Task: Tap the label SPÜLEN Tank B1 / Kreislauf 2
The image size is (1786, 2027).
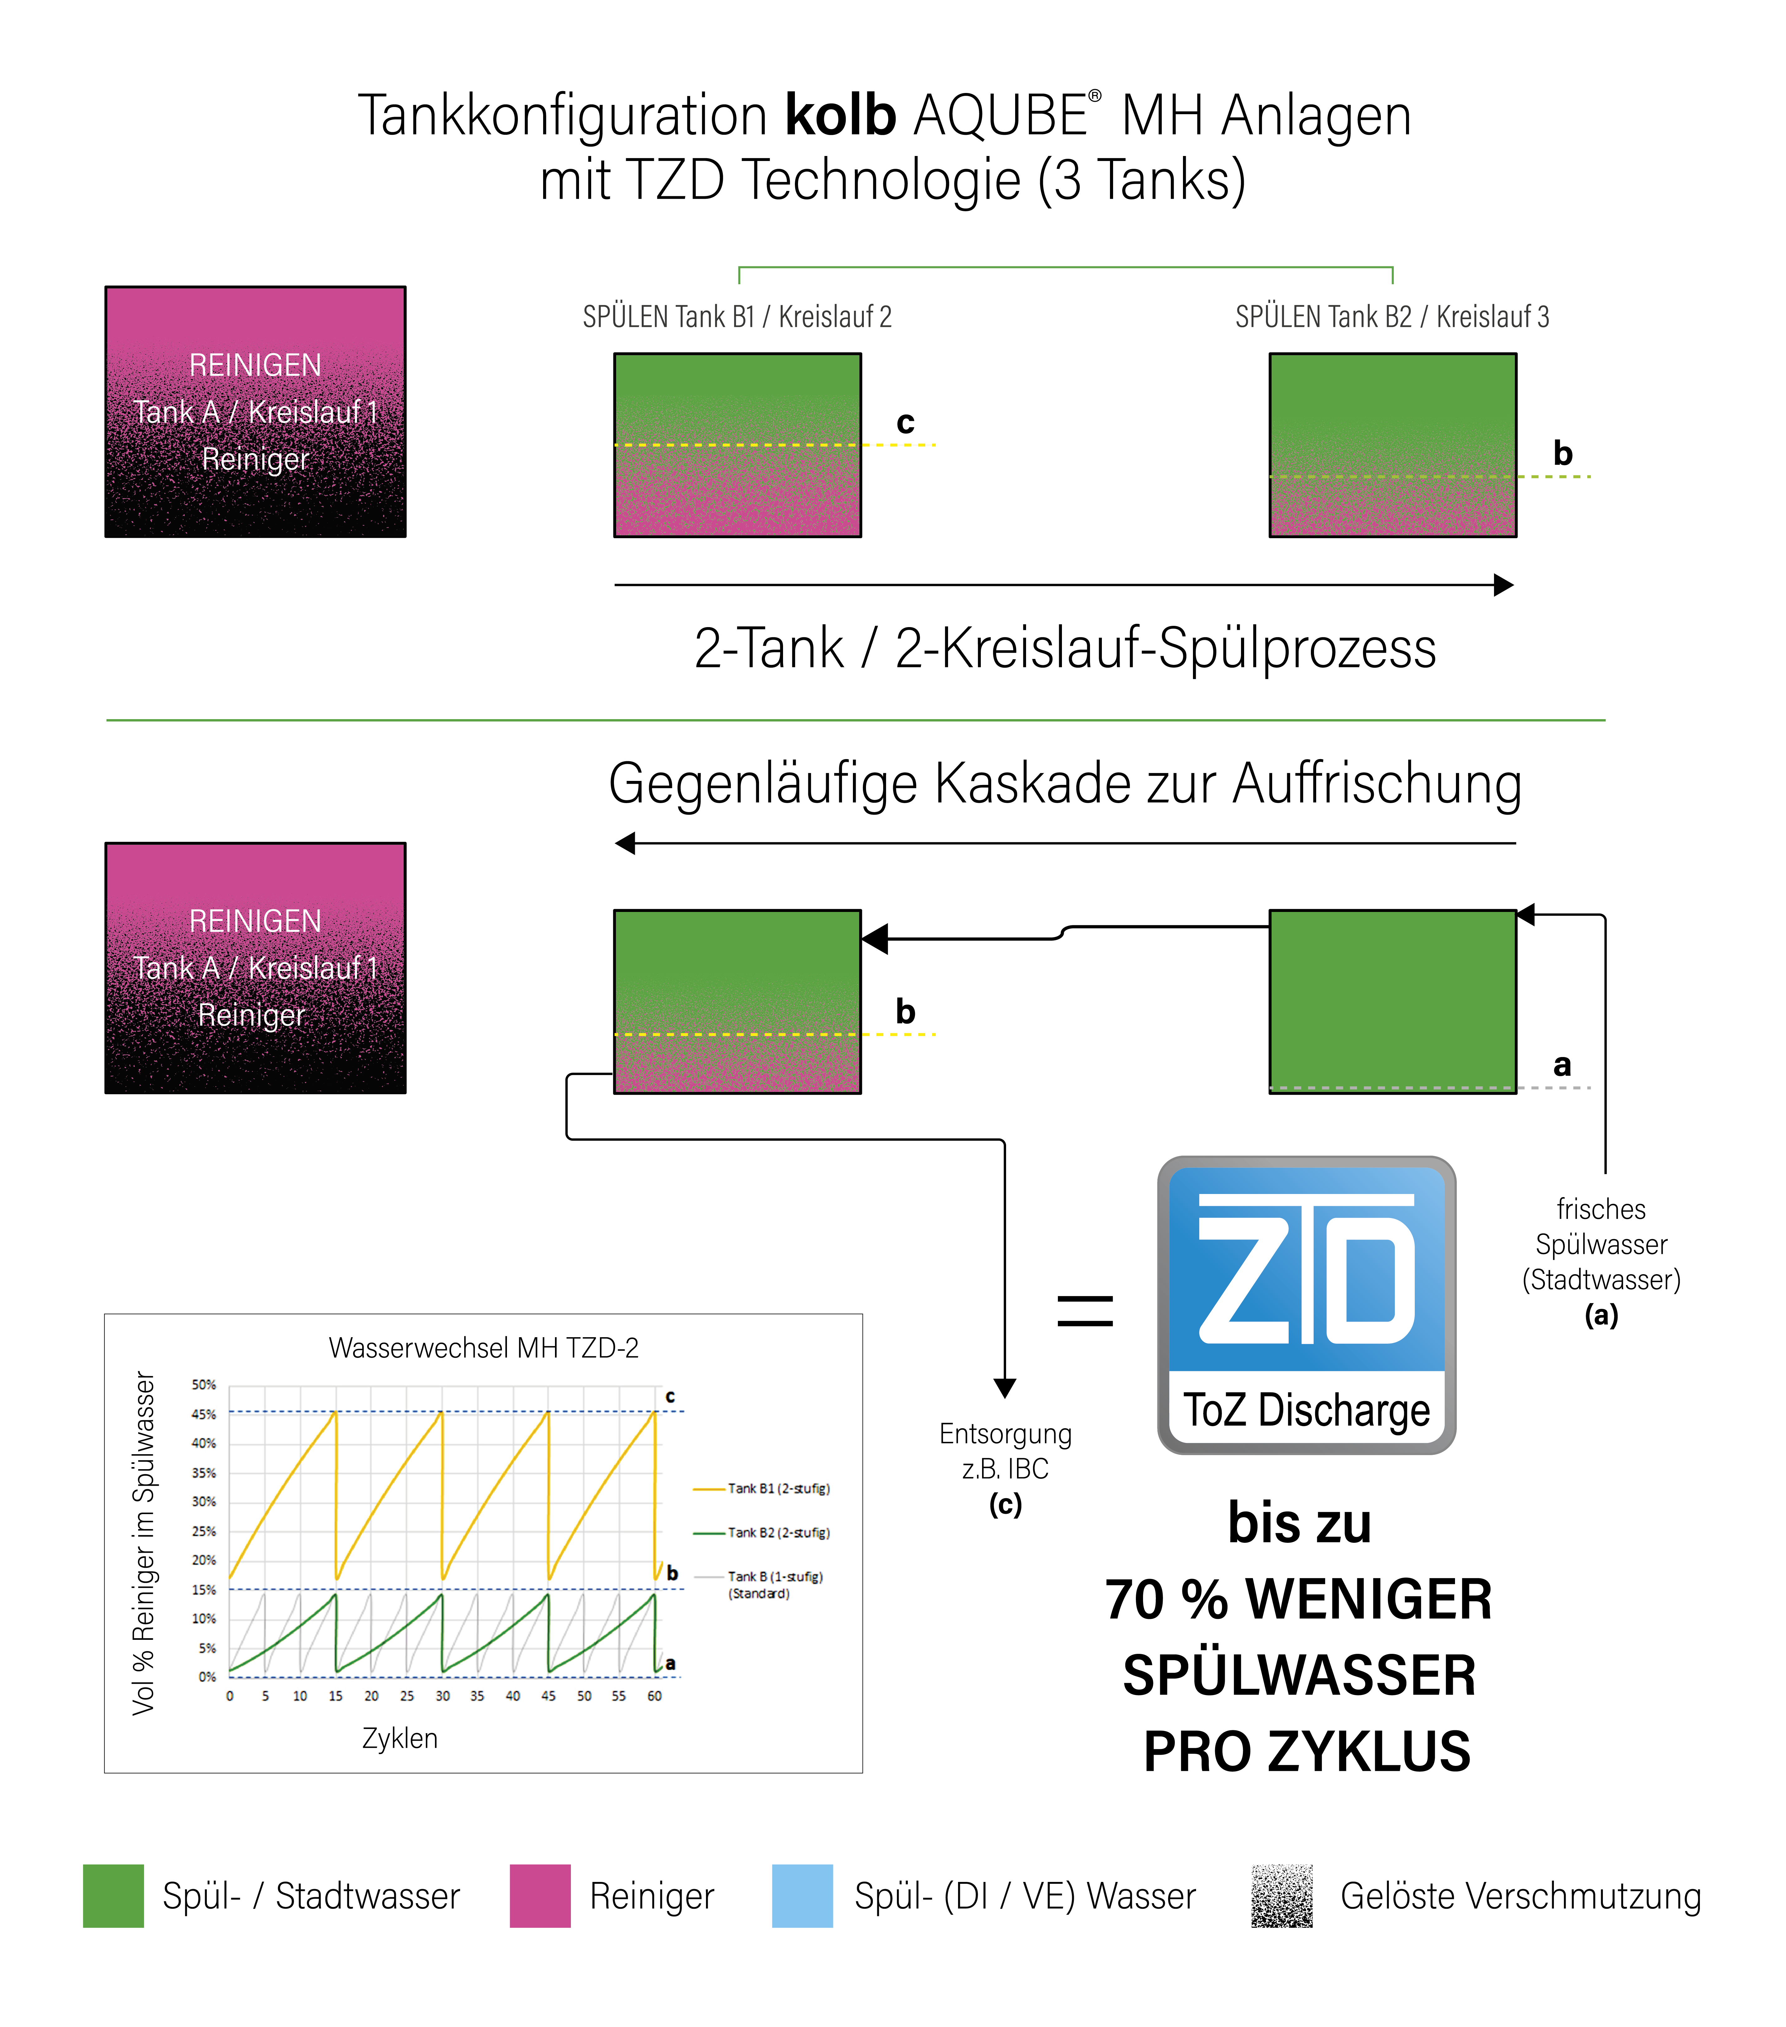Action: (737, 317)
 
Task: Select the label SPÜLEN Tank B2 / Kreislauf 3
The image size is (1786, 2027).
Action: (1392, 317)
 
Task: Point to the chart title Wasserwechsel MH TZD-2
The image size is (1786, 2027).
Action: (484, 1348)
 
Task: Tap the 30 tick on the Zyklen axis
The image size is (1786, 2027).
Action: (442, 1696)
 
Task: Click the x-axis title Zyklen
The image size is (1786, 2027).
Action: (400, 1738)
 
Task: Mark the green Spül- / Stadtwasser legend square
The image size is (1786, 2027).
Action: (113, 1896)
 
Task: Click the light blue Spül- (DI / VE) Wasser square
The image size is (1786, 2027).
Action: (802, 1896)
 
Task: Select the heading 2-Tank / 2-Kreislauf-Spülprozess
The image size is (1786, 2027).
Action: (1065, 649)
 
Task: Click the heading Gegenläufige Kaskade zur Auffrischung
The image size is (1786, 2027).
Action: (1065, 784)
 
